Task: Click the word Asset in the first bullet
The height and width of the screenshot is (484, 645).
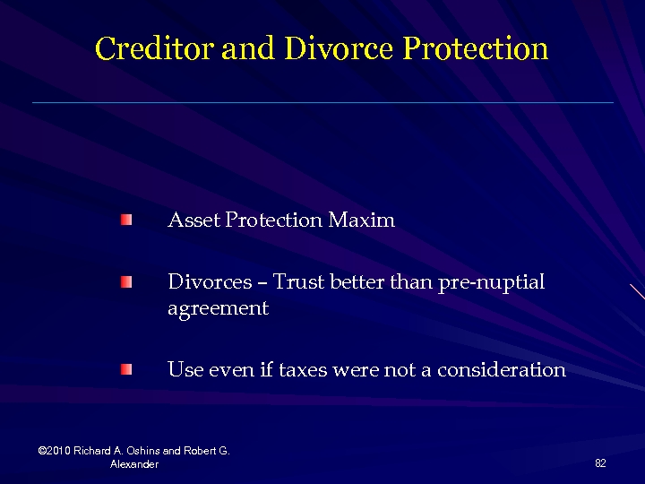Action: click(193, 220)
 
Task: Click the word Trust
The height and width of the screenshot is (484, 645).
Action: click(298, 282)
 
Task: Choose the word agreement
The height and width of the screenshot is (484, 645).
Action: click(218, 309)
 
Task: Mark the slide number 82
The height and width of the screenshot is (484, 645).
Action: click(600, 462)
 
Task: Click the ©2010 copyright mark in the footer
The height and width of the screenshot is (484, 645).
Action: click(56, 451)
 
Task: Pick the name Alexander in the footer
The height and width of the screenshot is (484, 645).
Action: click(134, 464)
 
